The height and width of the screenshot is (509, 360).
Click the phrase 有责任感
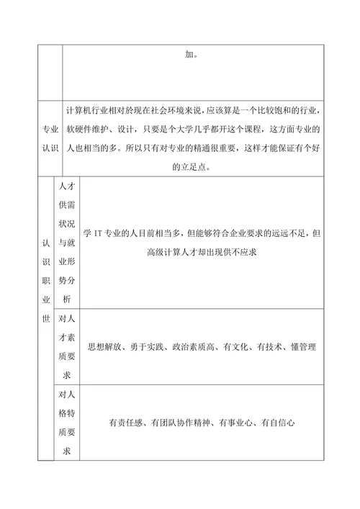coord(127,423)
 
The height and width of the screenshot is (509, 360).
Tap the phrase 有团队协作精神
coord(181,423)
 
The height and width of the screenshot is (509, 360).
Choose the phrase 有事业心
coord(238,423)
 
